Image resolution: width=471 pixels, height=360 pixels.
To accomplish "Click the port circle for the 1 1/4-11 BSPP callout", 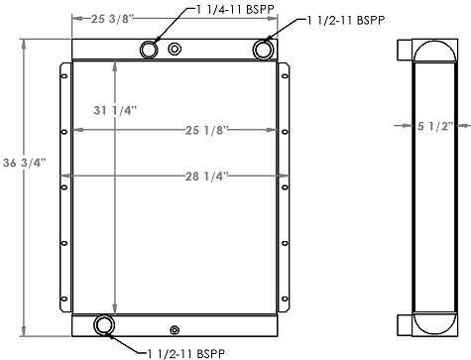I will pos(150,51).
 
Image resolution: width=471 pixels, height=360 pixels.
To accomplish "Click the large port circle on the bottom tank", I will pos(103,325).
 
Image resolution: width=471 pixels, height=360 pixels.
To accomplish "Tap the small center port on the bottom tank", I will pos(175,330).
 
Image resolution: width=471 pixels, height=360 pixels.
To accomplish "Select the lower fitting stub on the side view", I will pos(404,324).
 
